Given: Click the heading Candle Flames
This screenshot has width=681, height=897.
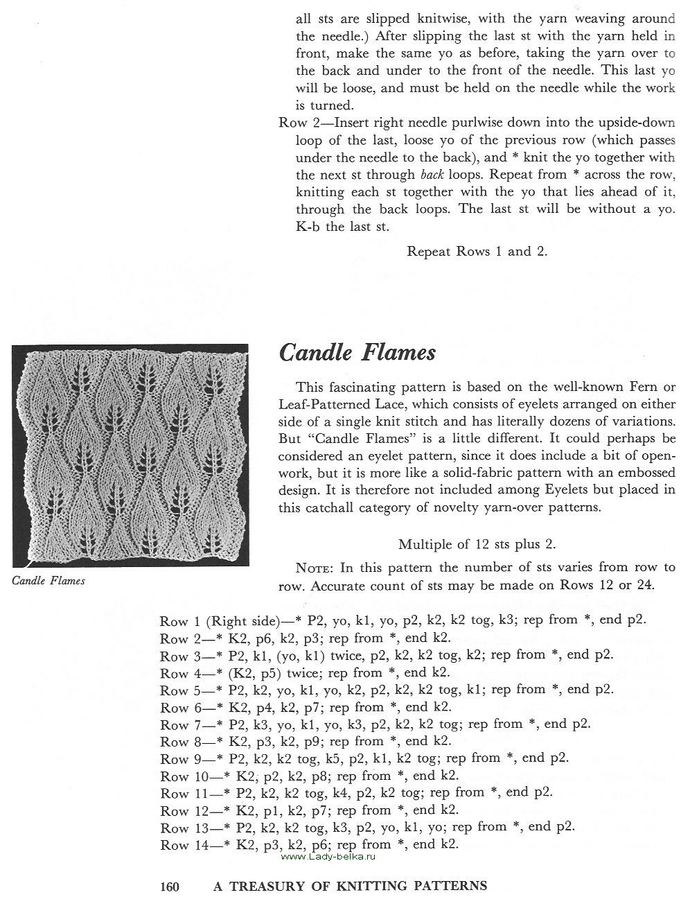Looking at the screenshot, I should pyautogui.click(x=357, y=353).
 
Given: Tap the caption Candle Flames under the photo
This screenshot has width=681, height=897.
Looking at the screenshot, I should pyautogui.click(x=48, y=581).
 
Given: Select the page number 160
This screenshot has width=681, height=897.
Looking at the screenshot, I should pyautogui.click(x=170, y=885).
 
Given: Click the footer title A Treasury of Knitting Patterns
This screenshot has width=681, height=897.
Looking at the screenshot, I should pyautogui.click(x=349, y=885).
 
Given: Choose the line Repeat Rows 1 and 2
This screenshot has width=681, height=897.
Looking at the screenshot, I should pyautogui.click(x=477, y=252).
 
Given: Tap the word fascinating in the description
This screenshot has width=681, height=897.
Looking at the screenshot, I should pyautogui.click(x=378, y=387).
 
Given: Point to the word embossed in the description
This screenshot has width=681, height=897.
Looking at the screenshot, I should pyautogui.click(x=647, y=473).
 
